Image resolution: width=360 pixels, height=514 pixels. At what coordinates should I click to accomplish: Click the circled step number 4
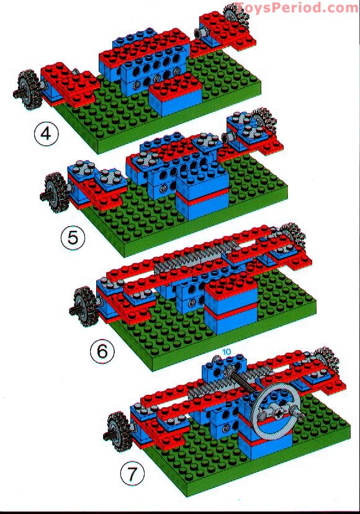[47, 134]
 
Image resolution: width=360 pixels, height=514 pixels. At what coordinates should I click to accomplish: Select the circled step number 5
[73, 236]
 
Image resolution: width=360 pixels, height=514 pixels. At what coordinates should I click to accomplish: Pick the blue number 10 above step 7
[227, 352]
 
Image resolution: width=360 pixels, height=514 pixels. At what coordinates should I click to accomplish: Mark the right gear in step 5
[265, 120]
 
